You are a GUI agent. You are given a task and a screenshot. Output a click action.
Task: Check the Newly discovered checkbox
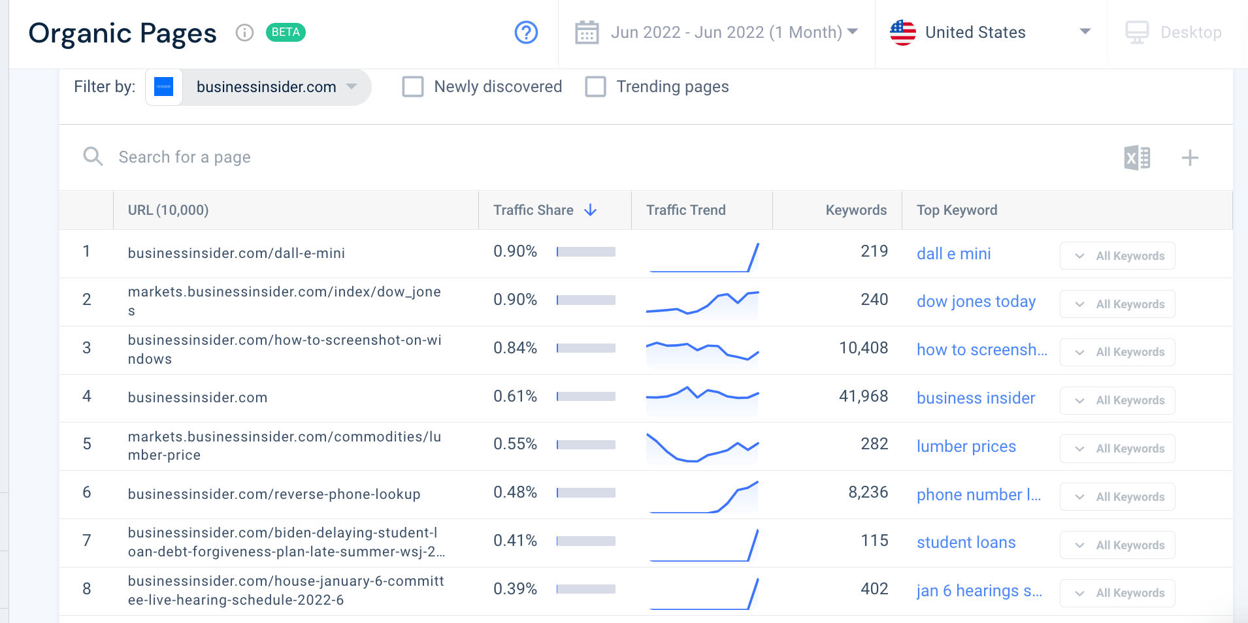tap(413, 87)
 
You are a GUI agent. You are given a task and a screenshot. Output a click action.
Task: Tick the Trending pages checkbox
tap(595, 87)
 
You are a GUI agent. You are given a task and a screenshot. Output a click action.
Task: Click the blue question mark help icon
tap(526, 32)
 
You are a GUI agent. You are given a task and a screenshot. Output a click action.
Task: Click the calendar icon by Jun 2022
tap(586, 32)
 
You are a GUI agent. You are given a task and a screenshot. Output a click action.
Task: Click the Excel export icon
tap(1137, 157)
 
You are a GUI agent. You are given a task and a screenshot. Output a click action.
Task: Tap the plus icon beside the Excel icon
tap(1190, 157)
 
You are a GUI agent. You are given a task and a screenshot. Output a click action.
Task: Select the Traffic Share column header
tap(533, 210)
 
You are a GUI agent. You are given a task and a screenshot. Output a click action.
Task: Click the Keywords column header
tap(855, 210)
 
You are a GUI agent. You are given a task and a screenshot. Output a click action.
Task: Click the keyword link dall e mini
tap(953, 254)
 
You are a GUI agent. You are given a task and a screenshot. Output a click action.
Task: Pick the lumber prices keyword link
tap(966, 447)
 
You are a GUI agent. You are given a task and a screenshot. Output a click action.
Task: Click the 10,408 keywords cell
tap(863, 348)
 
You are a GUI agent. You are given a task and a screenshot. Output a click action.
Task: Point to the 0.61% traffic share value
tap(515, 396)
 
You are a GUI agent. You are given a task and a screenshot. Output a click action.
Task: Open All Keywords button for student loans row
tap(1117, 545)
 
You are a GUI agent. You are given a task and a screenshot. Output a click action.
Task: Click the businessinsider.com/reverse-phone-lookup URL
tap(274, 494)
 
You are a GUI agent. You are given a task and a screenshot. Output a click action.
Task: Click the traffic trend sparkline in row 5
tap(702, 447)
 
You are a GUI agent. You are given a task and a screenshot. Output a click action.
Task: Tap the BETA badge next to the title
tap(286, 32)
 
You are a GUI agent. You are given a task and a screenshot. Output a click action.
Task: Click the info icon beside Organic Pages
tap(244, 33)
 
